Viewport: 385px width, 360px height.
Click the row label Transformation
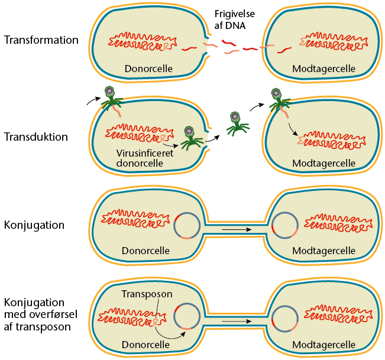(41, 41)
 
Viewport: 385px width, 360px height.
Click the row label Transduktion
(35, 137)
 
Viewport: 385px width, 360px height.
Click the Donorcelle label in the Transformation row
(148, 69)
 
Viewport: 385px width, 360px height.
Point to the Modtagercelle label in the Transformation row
(323, 69)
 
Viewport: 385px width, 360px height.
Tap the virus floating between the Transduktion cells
(236, 121)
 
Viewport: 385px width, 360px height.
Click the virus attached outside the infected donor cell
(109, 98)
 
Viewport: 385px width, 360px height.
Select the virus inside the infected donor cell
(189, 137)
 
